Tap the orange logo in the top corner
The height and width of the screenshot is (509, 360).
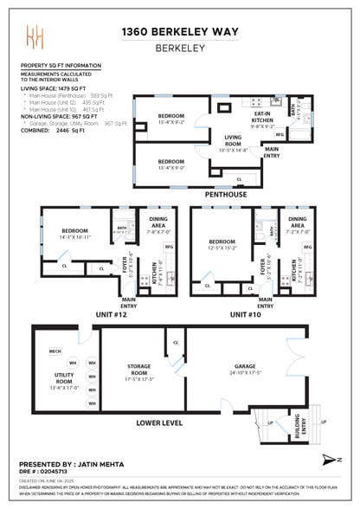(x=35, y=39)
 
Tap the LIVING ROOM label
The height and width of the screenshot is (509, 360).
(x=234, y=140)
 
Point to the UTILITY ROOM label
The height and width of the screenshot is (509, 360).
(x=64, y=382)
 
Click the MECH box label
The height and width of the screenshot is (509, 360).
(x=55, y=351)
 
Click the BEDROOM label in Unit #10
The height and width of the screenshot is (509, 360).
(x=223, y=241)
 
